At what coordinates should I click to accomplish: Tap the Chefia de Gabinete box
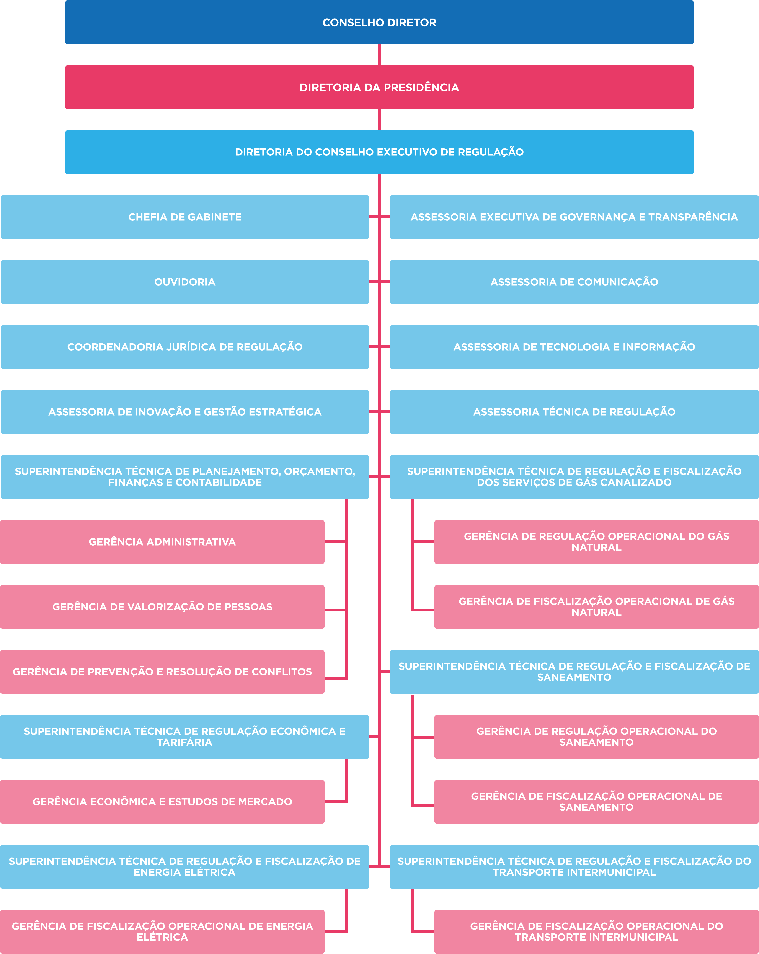[x=185, y=217]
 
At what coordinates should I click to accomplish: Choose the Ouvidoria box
[x=185, y=282]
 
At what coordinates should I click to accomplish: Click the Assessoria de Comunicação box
[x=574, y=282]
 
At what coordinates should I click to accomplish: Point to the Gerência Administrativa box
[x=162, y=542]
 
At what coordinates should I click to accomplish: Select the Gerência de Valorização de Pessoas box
[x=162, y=607]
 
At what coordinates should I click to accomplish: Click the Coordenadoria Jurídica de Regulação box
[x=185, y=347]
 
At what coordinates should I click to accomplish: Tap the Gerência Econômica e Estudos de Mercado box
[x=162, y=802]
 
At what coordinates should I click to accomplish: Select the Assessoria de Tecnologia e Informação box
[x=574, y=347]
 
